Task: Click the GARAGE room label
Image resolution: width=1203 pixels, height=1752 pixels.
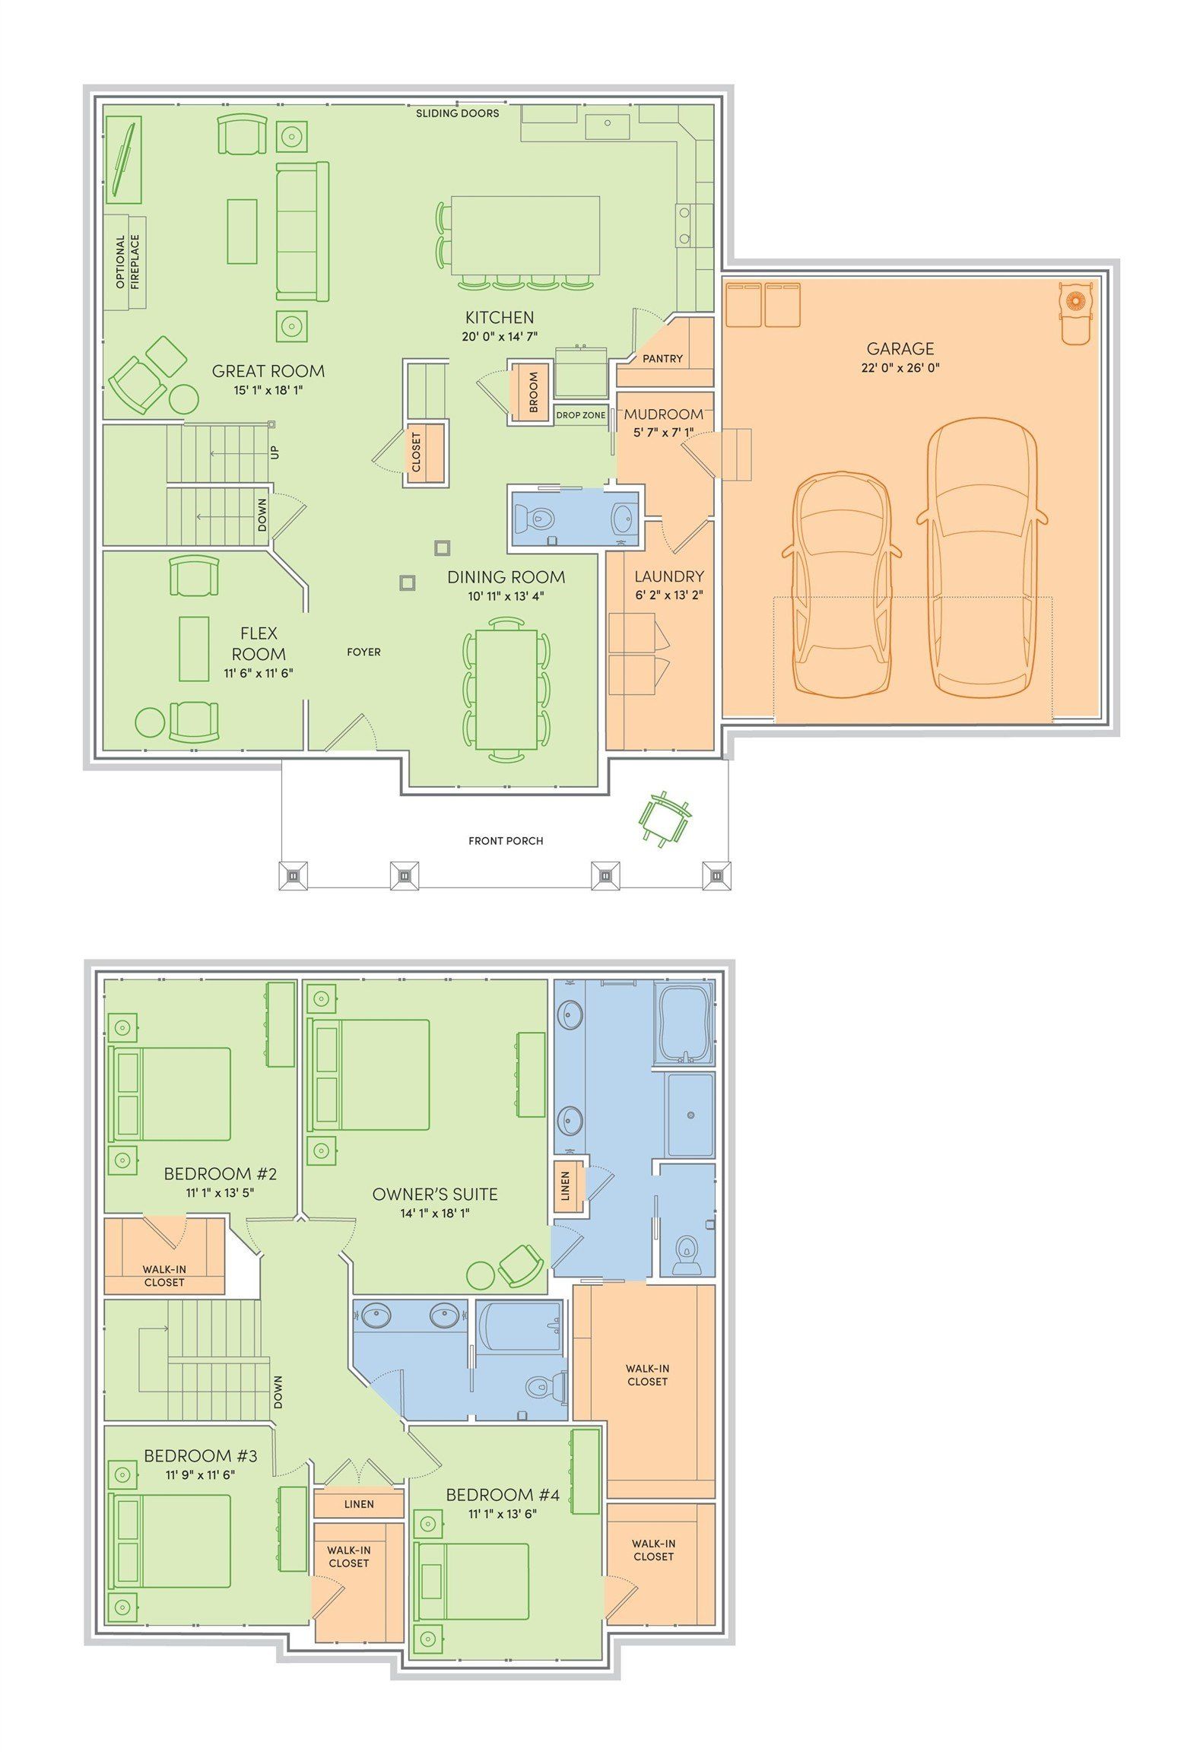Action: pos(900,348)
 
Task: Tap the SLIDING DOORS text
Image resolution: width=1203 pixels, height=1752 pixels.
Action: pos(457,113)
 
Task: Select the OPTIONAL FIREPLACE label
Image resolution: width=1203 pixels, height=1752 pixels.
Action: pos(128,262)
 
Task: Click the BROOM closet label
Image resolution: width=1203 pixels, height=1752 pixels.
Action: pos(533,392)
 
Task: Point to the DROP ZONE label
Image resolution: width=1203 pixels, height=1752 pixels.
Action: pos(581,415)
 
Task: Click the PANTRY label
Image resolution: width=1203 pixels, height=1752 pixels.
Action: pos(662,358)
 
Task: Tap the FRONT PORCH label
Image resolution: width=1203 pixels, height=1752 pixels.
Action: pos(506,840)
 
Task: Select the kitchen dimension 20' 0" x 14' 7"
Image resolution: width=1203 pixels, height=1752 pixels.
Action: pos(500,337)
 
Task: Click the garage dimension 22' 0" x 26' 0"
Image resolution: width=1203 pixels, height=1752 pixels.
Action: pos(900,368)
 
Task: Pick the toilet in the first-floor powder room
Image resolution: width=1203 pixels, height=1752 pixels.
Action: pos(535,519)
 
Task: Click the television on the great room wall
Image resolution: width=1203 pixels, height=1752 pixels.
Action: pos(123,160)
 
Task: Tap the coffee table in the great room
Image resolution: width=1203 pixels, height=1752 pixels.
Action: pos(242,231)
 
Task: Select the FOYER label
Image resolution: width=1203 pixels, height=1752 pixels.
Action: pos(363,652)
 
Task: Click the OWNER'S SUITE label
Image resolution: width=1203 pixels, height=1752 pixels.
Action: pos(435,1194)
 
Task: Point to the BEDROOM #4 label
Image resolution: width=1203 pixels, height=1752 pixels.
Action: pos(503,1495)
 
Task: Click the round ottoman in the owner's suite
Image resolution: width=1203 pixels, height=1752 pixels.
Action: pos(481,1274)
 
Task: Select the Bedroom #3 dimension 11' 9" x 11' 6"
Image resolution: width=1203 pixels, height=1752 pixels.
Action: pos(201,1474)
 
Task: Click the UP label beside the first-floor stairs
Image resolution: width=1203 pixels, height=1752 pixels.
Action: pos(275,452)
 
